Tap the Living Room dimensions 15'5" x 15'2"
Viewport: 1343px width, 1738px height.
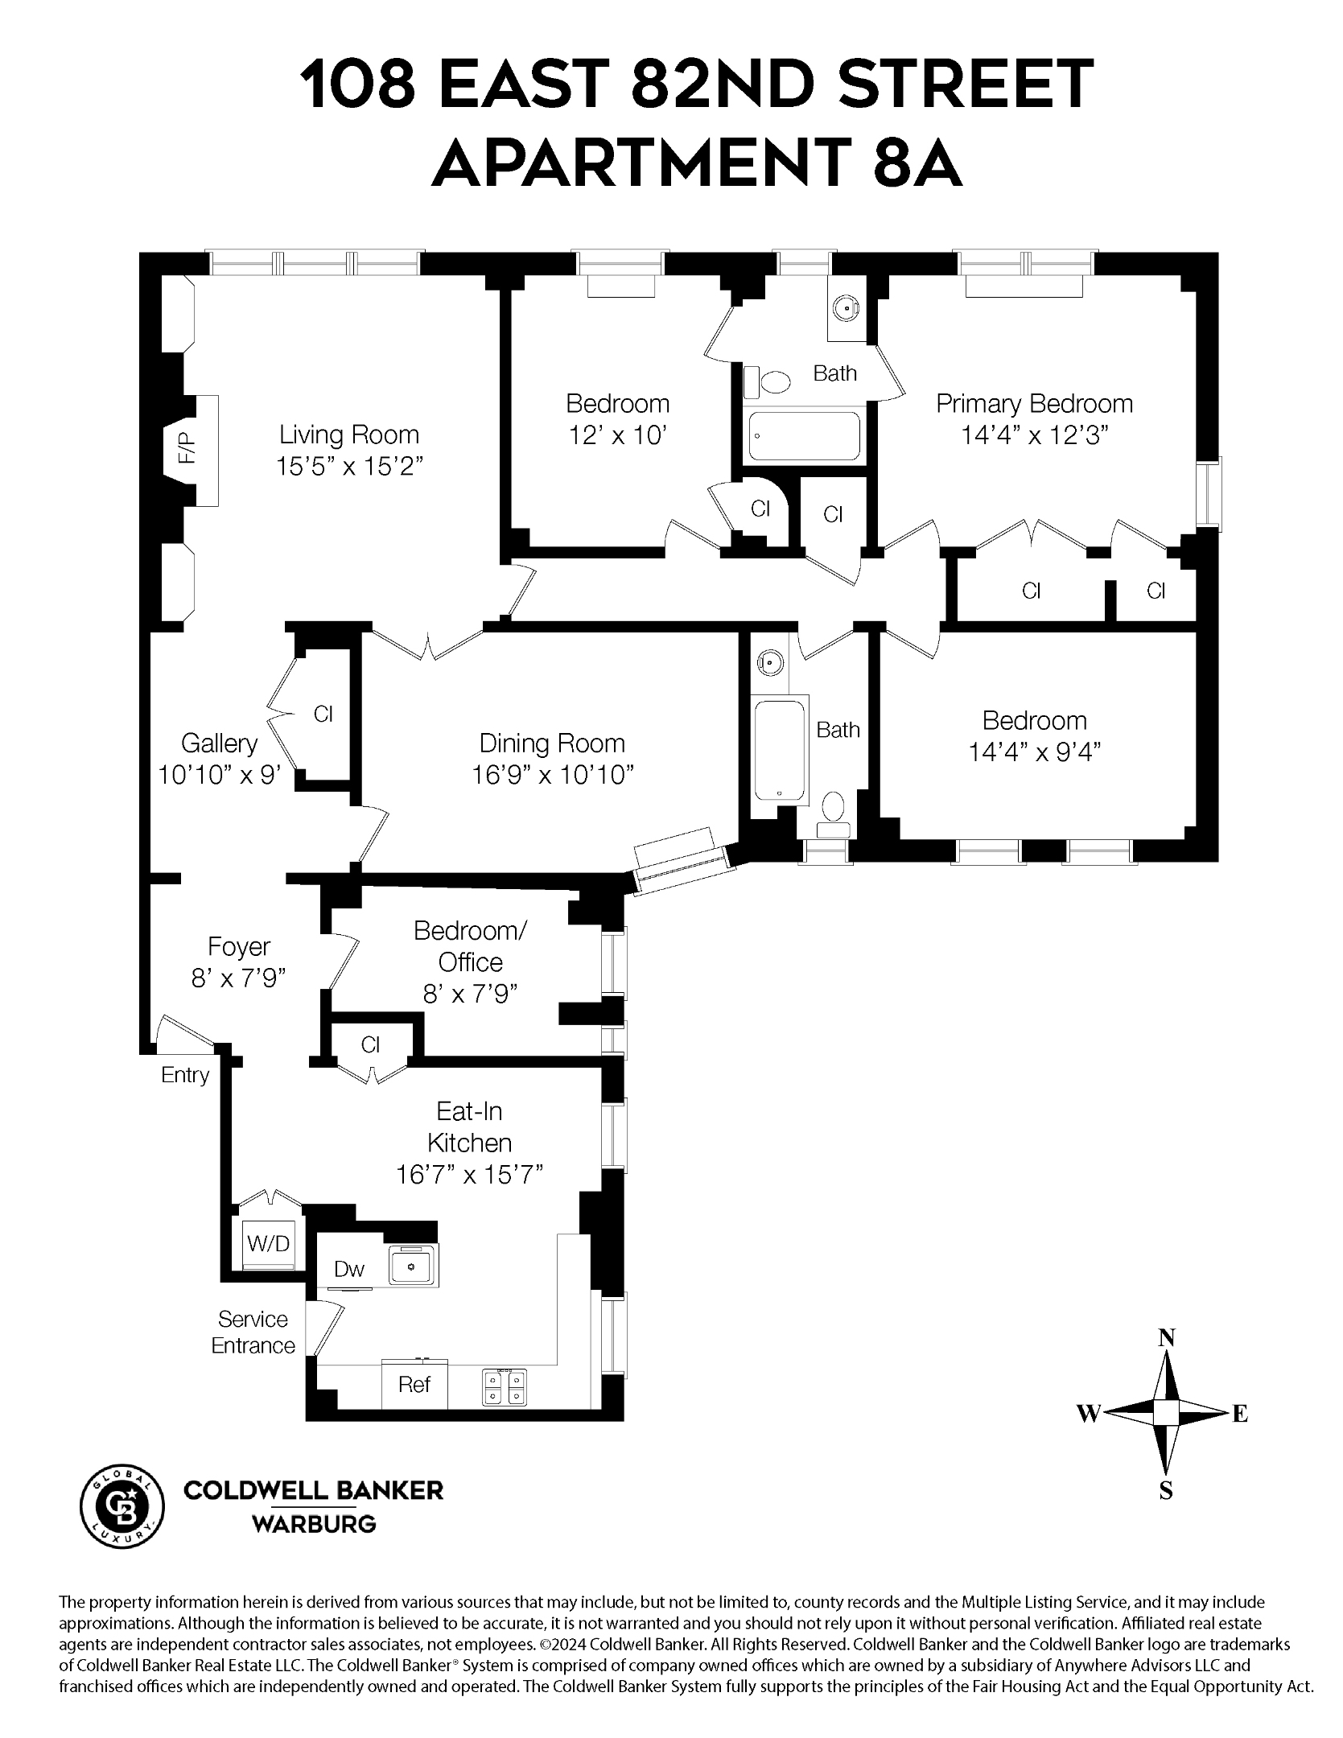click(x=349, y=467)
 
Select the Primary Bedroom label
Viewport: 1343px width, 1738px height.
click(x=1034, y=403)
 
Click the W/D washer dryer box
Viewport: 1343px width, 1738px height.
click(x=268, y=1244)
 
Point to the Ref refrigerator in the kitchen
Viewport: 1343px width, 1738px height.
click(x=414, y=1385)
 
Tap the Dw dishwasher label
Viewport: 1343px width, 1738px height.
click(x=349, y=1270)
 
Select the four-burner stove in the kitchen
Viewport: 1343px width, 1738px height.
click(x=505, y=1386)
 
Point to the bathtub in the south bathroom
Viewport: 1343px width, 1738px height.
click(x=780, y=750)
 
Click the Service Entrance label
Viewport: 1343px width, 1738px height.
click(x=253, y=1332)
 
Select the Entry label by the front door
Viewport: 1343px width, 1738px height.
click(x=185, y=1075)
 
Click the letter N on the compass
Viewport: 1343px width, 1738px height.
click(x=1166, y=1338)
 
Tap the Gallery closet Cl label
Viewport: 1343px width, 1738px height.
click(x=323, y=714)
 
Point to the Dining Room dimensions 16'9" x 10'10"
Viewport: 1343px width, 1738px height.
click(x=552, y=775)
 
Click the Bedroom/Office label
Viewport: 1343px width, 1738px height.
click(x=470, y=945)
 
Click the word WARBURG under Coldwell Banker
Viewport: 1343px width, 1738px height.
click(x=314, y=1524)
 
